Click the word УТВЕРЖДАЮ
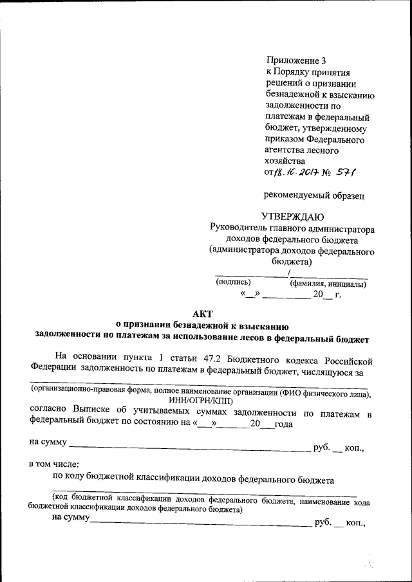[x=292, y=216]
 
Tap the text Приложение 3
[x=291, y=60]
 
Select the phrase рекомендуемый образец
[x=314, y=194]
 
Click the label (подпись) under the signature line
[x=233, y=282]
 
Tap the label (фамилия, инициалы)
[x=329, y=282]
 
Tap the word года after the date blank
[x=283, y=424]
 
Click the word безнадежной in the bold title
[x=190, y=325]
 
